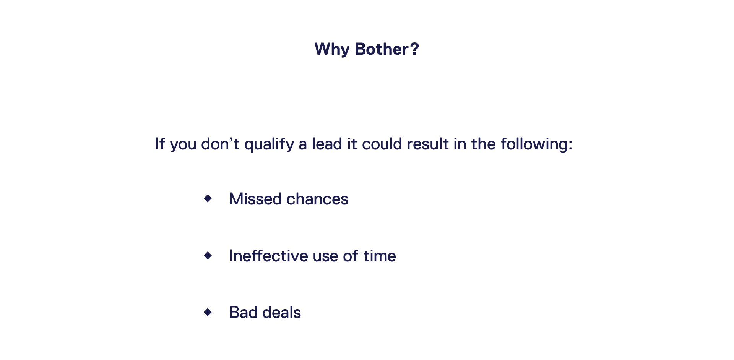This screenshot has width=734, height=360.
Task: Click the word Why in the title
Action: [x=332, y=50]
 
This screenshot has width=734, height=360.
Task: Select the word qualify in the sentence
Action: [x=269, y=144]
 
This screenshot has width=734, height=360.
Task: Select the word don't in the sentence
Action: [x=220, y=144]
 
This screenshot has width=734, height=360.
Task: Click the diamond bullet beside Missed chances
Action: [x=208, y=198]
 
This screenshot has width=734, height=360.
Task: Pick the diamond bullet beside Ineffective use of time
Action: [x=208, y=255]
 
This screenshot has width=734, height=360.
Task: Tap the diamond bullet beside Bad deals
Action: [x=208, y=312]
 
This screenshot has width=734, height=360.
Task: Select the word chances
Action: [x=317, y=199]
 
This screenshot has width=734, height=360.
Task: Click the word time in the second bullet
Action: [x=380, y=256]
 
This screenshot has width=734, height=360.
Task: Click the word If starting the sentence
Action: [x=160, y=144]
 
